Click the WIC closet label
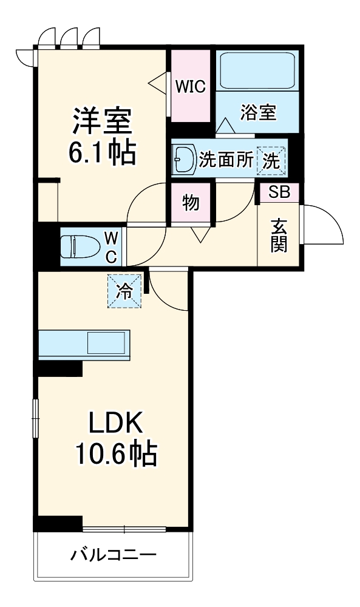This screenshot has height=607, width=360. coord(190,86)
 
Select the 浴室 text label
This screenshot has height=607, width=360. coord(258,112)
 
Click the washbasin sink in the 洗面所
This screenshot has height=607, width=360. coord(184,160)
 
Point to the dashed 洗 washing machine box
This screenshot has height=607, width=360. coord(271,161)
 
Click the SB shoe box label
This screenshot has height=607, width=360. coord(280,192)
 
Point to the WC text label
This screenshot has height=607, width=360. coord(112,246)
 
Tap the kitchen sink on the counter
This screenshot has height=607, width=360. coord(106,344)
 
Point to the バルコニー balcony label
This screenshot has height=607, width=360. coord(114,554)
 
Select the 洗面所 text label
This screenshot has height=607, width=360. coord(226,160)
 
